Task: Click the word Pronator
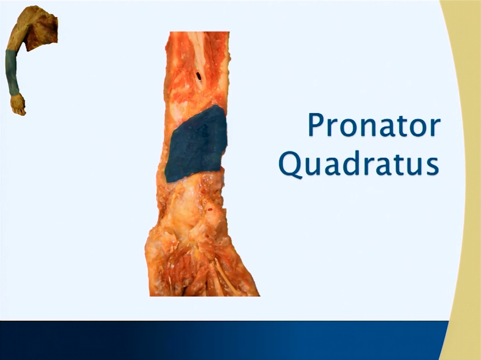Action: pyautogui.click(x=374, y=125)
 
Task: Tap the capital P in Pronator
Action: pyautogui.click(x=316, y=124)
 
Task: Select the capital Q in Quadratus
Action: pyautogui.click(x=290, y=165)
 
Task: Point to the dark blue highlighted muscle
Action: pyautogui.click(x=196, y=144)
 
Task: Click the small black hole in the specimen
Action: pyautogui.click(x=198, y=76)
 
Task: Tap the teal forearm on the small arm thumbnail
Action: pyautogui.click(x=12, y=73)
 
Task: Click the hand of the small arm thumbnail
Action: pyautogui.click(x=17, y=105)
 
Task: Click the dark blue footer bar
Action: pyautogui.click(x=224, y=340)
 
